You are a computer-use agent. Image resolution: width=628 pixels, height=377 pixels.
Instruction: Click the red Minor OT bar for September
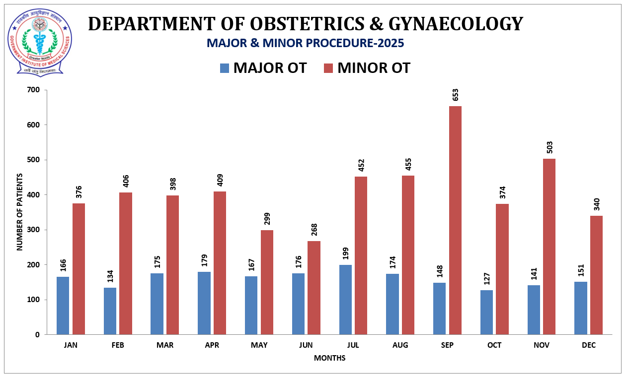[x=455, y=220]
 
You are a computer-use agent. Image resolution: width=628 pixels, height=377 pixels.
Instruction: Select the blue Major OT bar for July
[x=345, y=300]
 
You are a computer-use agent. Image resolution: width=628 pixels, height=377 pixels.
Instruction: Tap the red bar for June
[x=314, y=288]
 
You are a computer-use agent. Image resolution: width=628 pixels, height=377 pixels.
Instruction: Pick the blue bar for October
[x=486, y=312]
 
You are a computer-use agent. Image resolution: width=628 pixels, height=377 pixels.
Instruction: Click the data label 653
[x=455, y=95]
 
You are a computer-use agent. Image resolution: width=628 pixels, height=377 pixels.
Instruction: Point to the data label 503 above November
[x=549, y=147]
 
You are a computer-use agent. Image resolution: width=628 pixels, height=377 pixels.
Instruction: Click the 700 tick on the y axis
[x=34, y=90]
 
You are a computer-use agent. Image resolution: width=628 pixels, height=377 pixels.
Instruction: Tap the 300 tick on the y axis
[x=34, y=230]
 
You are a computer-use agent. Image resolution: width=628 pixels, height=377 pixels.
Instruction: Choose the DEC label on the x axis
[x=588, y=345]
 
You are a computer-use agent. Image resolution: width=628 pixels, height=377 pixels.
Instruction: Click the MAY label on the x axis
[x=259, y=345]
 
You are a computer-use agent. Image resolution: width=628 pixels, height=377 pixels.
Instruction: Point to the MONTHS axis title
[x=329, y=358]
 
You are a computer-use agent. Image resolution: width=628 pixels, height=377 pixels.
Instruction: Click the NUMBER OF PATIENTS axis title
[x=20, y=212]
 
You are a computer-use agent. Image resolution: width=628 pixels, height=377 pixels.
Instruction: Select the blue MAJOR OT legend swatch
[x=225, y=68]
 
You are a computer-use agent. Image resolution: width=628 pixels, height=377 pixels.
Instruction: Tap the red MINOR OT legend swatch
[x=328, y=68]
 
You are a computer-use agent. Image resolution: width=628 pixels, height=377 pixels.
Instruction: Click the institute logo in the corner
[x=39, y=42]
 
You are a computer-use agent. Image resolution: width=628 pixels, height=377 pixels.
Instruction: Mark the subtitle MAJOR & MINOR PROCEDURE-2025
[x=305, y=43]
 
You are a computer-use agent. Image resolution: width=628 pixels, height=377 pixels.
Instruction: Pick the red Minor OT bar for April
[x=220, y=263]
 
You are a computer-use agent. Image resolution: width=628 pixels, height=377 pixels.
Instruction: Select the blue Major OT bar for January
[x=63, y=306]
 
